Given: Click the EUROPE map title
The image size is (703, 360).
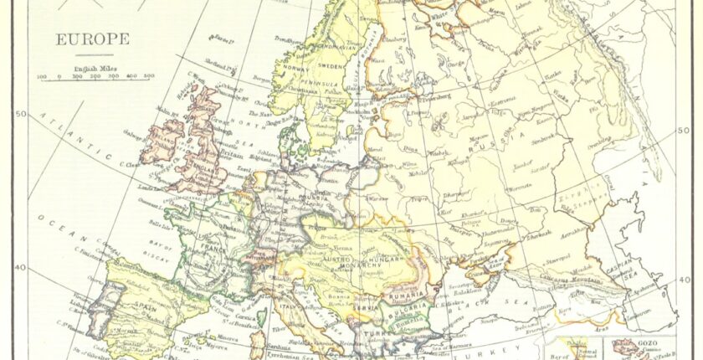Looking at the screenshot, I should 92,39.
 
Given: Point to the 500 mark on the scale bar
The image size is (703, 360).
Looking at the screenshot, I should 148,76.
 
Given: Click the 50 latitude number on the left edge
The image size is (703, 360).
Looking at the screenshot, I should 22,114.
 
